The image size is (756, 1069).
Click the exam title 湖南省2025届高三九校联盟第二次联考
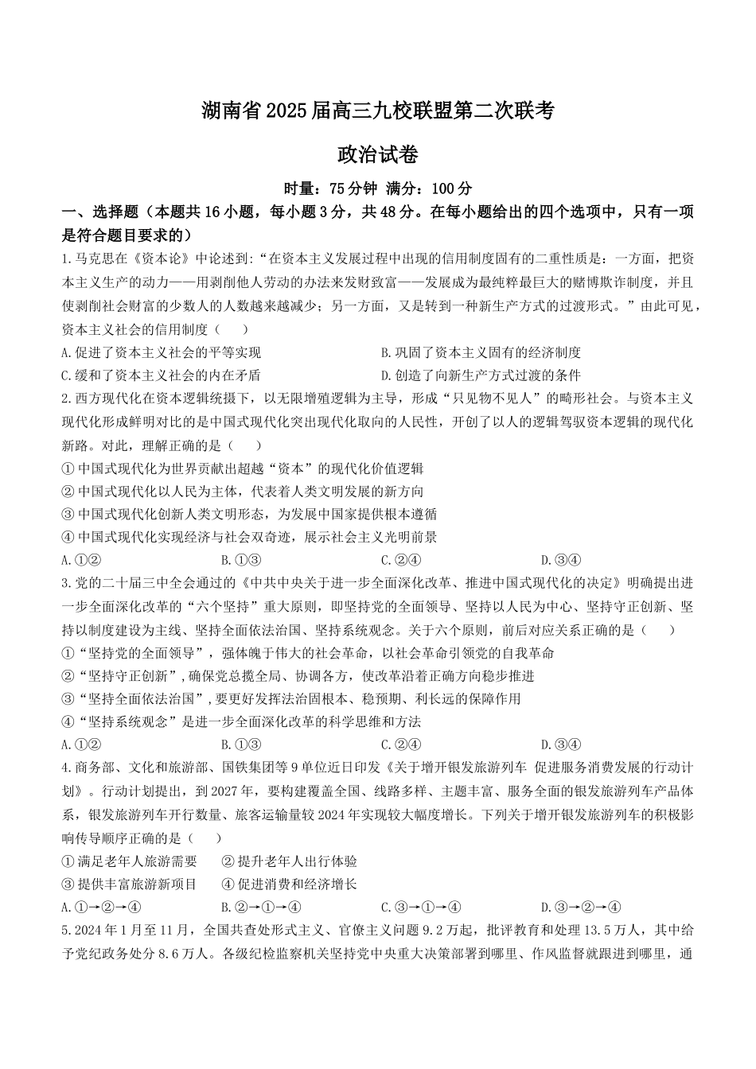click(377, 112)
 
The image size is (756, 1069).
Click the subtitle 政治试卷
click(377, 154)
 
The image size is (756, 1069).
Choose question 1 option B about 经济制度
click(481, 352)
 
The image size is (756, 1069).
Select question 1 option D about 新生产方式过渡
click(481, 375)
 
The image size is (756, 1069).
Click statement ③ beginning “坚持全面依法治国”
click(291, 699)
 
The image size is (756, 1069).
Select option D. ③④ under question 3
click(560, 745)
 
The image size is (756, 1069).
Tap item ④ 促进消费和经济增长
click(289, 884)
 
